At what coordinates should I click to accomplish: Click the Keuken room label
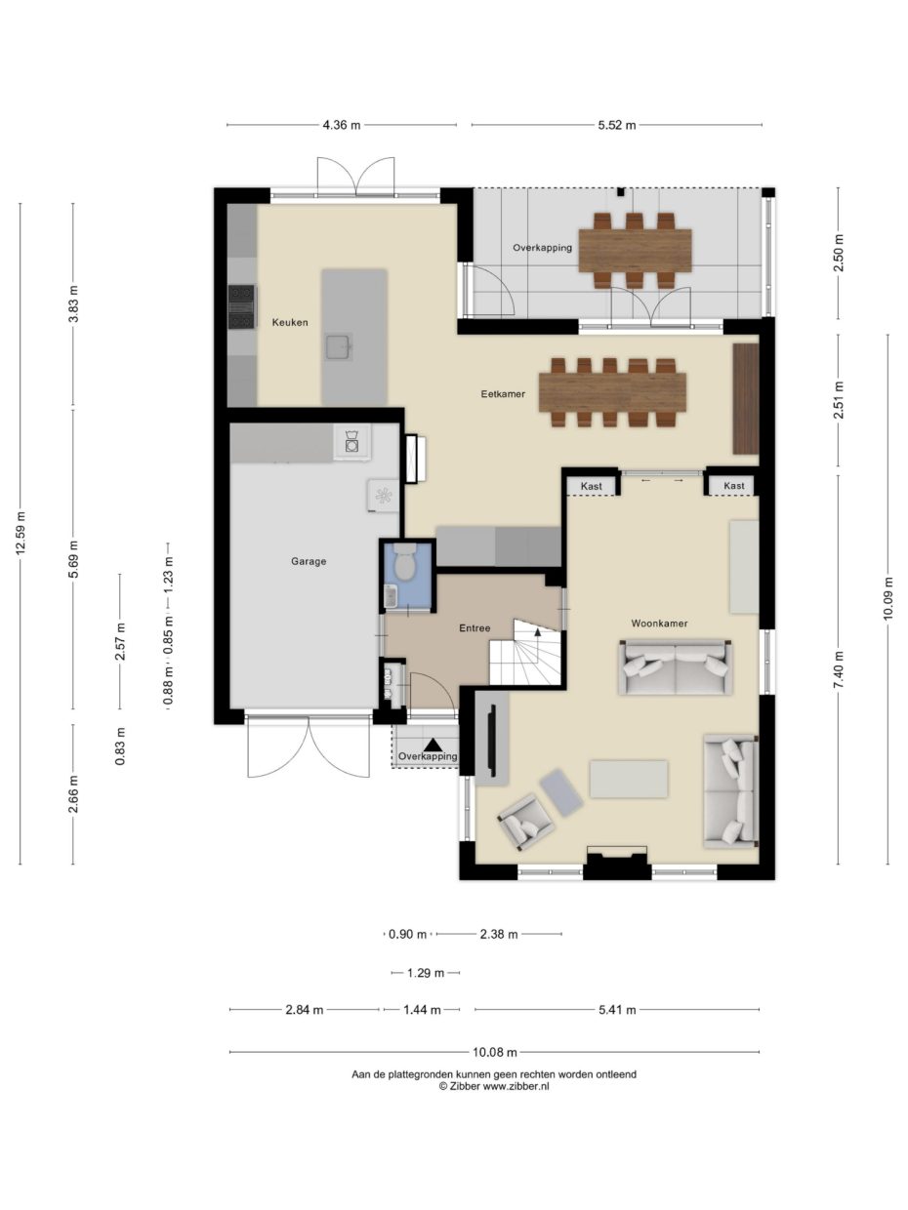pos(290,322)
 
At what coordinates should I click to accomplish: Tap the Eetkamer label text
pos(503,394)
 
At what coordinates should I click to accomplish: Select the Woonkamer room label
pos(659,623)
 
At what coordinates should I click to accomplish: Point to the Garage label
pos(309,561)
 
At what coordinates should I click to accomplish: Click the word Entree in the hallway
pos(475,628)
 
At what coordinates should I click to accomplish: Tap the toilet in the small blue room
pos(405,561)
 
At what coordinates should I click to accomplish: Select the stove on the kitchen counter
pos(241,306)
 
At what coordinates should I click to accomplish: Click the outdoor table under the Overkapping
pos(635,250)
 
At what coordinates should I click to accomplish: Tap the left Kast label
pos(592,485)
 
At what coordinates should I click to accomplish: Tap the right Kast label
pos(734,485)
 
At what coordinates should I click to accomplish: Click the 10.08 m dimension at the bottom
pos(495,1052)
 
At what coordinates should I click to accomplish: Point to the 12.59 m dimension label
pos(21,534)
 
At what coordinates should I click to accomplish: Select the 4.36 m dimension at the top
pos(342,125)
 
